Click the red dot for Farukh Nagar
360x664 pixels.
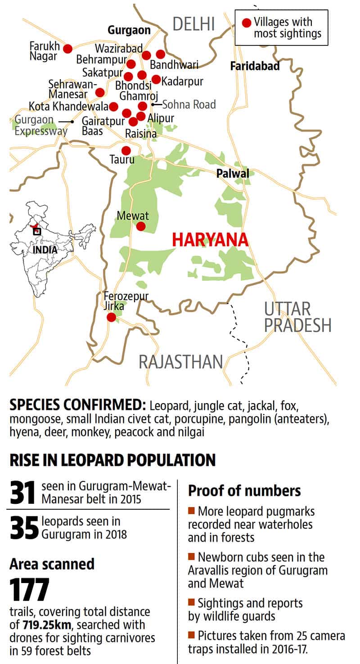(67, 49)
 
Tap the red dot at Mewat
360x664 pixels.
(141, 226)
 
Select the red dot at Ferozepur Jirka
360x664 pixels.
(111, 318)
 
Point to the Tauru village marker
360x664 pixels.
(126, 150)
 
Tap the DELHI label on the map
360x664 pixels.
(194, 24)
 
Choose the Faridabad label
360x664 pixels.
(255, 66)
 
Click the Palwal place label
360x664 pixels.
(232, 173)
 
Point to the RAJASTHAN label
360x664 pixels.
(181, 361)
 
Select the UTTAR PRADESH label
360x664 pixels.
(297, 317)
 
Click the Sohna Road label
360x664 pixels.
(189, 104)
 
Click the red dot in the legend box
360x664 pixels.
(246, 22)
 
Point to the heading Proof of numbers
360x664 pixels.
(244, 490)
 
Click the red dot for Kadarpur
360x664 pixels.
(156, 79)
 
